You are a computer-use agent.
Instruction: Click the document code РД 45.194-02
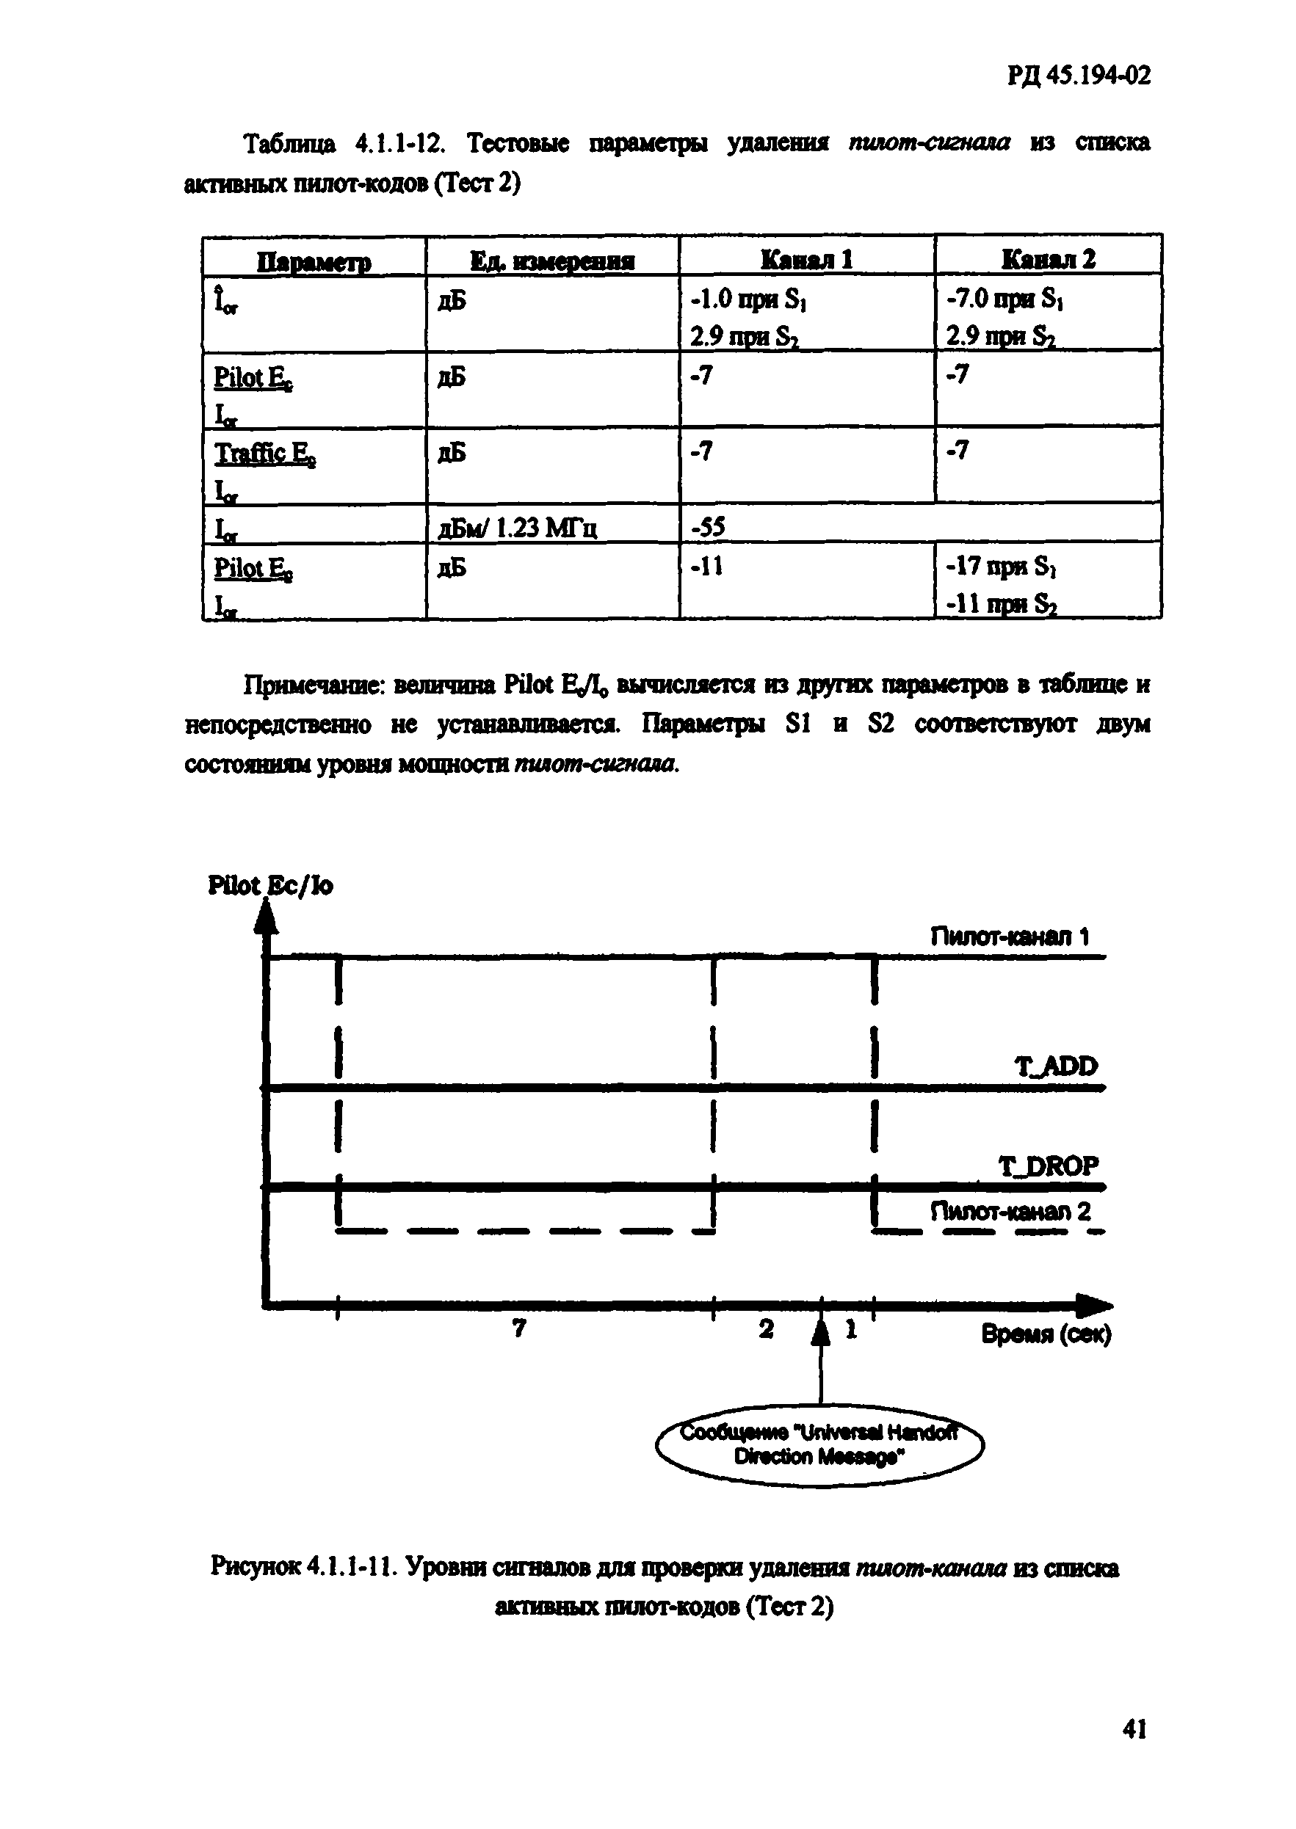tap(1078, 76)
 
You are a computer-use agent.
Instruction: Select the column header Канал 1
tap(806, 259)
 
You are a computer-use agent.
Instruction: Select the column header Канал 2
tap(1048, 259)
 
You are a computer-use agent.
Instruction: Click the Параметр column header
tap(314, 261)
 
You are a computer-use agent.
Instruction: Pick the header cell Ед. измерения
tap(551, 261)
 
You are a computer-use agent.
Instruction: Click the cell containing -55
tap(707, 526)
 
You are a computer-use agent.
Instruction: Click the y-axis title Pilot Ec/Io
tap(269, 885)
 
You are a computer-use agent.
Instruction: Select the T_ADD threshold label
tap(1056, 1066)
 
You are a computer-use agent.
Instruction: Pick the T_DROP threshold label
tap(1048, 1166)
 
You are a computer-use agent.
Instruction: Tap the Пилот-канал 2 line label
tap(1010, 1212)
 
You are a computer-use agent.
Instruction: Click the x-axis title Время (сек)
tap(1046, 1334)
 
